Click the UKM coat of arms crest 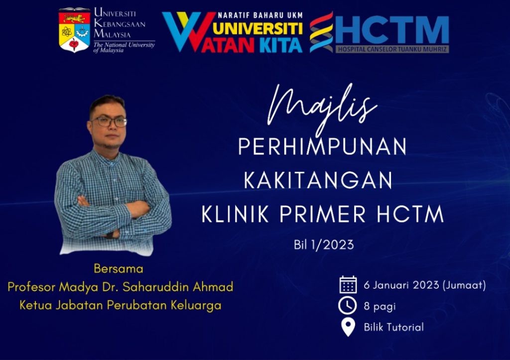click(74, 30)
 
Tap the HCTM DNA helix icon click(321, 32)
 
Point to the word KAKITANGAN click(318, 180)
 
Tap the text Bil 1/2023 click(323, 244)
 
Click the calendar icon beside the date click(348, 285)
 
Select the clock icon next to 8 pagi click(348, 306)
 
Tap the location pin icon click(348, 327)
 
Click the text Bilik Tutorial click(393, 327)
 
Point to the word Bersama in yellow click(119, 269)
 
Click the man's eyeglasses click(109, 121)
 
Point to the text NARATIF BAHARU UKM click(260, 16)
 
